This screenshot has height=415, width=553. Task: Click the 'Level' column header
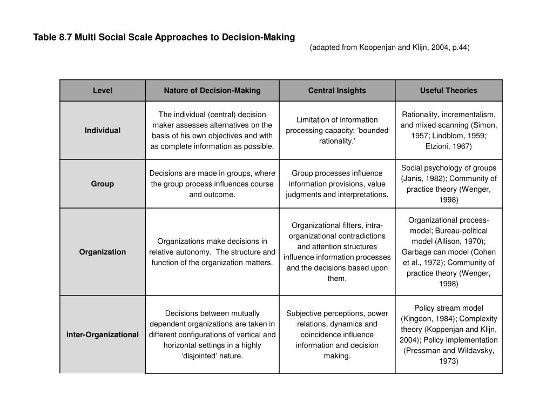tap(102, 91)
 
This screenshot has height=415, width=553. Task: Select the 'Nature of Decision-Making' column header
tap(212, 91)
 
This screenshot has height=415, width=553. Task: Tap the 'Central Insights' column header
tap(337, 91)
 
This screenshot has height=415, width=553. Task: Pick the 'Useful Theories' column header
tap(449, 91)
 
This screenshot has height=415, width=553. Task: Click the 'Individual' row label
tap(102, 130)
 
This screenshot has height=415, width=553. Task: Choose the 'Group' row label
tap(102, 184)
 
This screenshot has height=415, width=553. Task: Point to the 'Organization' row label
tap(102, 252)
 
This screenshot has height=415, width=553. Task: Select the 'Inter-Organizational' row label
tap(102, 334)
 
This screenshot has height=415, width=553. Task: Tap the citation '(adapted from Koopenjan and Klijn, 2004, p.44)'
tap(389, 48)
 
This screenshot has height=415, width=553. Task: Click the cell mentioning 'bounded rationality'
tap(337, 130)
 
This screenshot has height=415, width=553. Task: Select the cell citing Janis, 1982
tap(449, 184)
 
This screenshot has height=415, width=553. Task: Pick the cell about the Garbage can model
tap(449, 252)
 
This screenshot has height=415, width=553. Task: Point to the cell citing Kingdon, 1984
tap(449, 334)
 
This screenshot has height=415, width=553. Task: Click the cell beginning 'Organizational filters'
tap(337, 252)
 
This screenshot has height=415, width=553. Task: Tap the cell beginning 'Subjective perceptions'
tap(337, 334)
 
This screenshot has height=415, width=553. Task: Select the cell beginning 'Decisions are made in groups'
tap(212, 184)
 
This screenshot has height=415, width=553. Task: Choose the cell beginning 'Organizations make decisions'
tap(212, 252)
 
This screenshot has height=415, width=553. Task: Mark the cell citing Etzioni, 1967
tap(449, 130)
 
